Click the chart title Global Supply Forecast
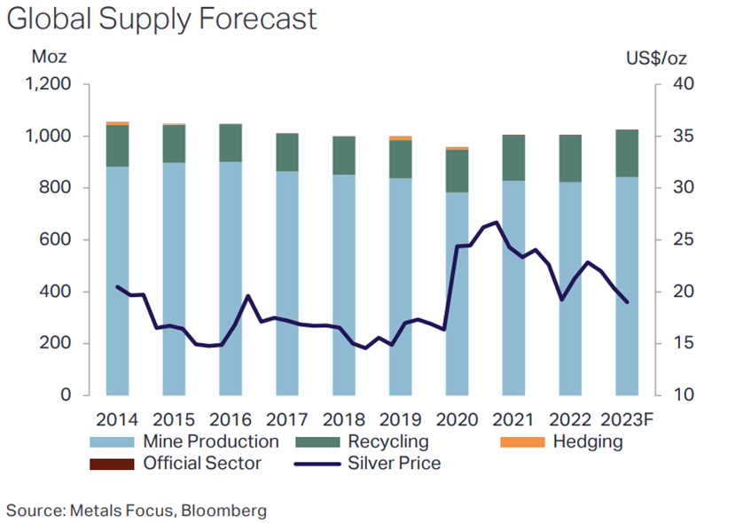pos(162,20)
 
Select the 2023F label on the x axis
pos(628,418)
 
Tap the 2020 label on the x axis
pos(457,418)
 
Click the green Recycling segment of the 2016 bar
pos(231,143)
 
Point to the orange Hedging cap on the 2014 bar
pos(118,123)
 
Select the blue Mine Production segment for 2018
pos(344,284)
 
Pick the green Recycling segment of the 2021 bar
pos(514,159)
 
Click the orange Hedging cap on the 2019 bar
pos(401,138)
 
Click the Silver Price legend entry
pos(381,463)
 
